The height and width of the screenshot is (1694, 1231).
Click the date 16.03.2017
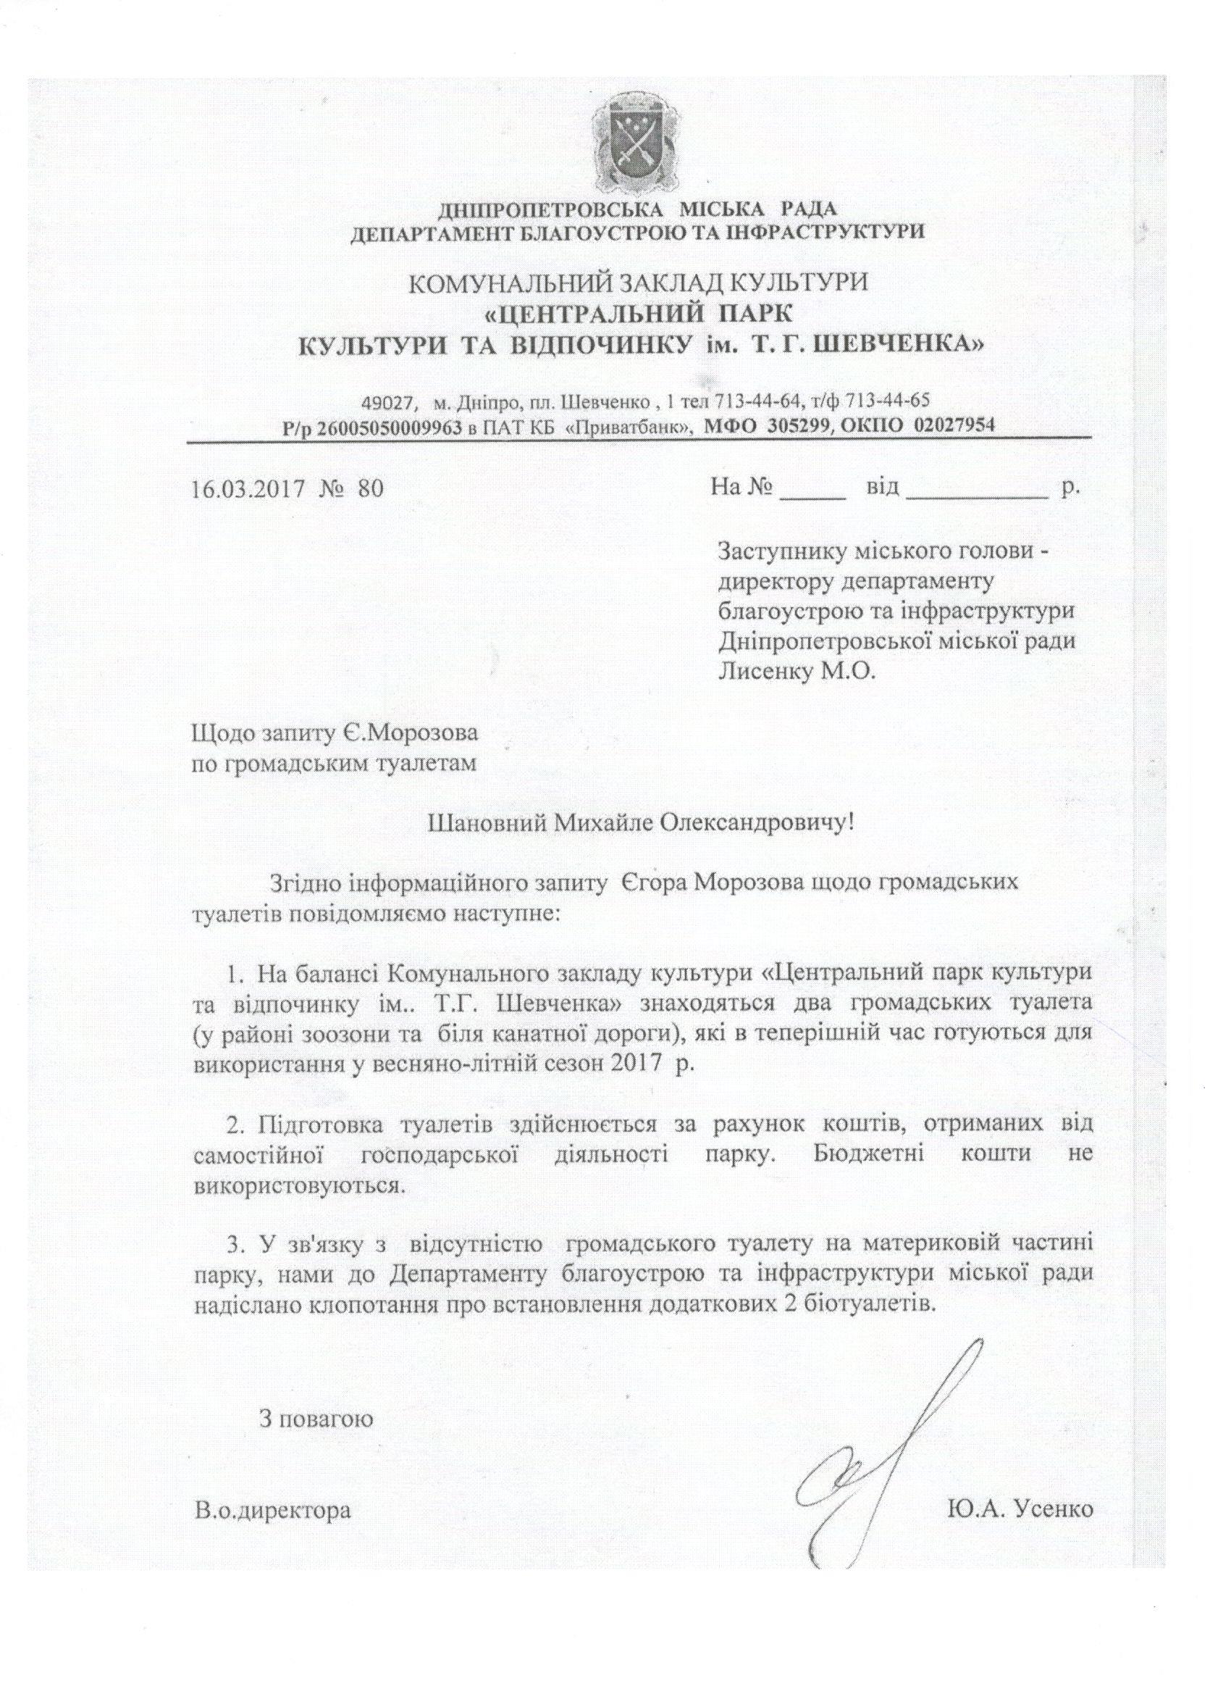(x=246, y=488)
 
